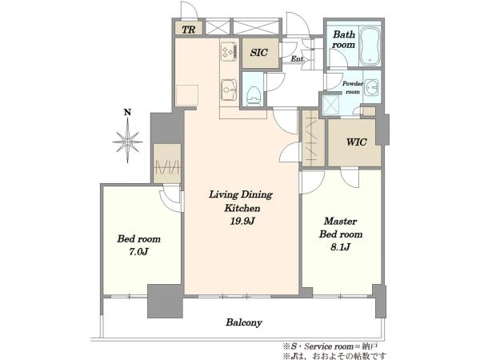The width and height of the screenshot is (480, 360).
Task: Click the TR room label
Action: [189, 30]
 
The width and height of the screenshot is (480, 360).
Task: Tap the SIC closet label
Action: [259, 53]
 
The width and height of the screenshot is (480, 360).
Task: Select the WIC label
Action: [357, 142]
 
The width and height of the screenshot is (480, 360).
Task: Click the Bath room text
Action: [344, 39]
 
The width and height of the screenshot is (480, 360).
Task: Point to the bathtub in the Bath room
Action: [370, 46]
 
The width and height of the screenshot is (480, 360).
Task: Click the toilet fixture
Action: [253, 95]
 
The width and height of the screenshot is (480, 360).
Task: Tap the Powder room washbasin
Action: [372, 87]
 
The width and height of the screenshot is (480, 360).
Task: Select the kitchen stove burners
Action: [230, 50]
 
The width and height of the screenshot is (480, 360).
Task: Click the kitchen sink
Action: [229, 90]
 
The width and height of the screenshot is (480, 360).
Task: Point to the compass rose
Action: [128, 142]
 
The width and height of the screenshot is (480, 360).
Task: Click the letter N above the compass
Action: [127, 113]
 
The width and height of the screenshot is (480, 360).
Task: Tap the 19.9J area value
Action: [242, 221]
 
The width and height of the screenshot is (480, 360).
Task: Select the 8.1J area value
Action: [341, 246]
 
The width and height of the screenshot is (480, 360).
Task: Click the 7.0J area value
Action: [138, 252]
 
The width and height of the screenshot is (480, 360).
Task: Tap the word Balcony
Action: [244, 322]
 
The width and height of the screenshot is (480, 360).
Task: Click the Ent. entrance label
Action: [297, 59]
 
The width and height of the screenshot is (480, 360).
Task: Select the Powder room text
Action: [352, 87]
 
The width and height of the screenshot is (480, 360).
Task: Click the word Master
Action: [341, 221]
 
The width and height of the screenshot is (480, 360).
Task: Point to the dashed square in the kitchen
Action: [187, 95]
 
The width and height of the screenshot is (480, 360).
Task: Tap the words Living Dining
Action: [241, 195]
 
